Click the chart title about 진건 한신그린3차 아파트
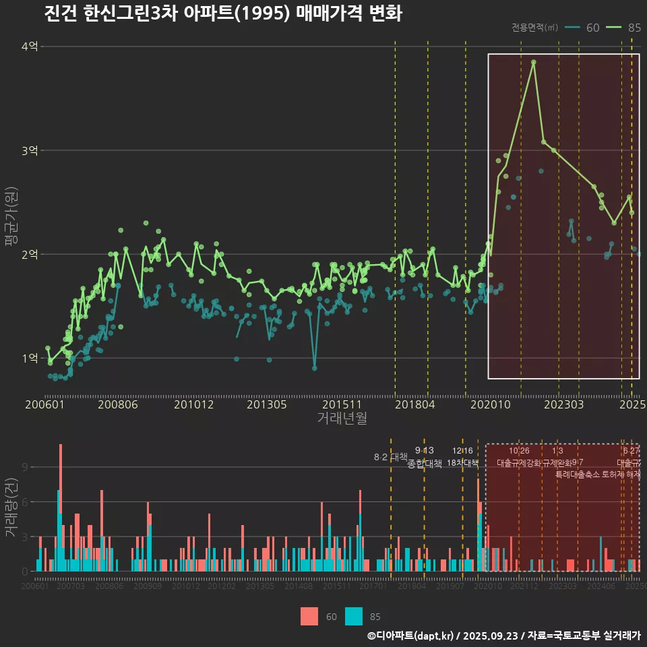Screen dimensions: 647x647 [222, 13]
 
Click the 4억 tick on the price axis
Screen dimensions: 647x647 [30, 47]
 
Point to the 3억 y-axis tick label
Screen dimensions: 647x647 [30, 150]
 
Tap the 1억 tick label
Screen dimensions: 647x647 [30, 358]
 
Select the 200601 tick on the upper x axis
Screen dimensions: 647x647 [44, 404]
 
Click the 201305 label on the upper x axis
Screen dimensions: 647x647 [267, 404]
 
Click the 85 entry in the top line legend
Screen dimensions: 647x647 [634, 28]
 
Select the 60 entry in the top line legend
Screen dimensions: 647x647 [592, 28]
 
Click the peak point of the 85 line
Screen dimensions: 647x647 [533, 62]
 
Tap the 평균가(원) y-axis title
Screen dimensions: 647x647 [11, 222]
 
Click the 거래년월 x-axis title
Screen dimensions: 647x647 [342, 419]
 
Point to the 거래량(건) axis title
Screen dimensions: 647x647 [11, 507]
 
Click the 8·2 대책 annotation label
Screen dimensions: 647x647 [391, 457]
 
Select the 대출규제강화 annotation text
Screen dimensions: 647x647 [519, 463]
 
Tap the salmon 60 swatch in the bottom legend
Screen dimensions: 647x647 [309, 616]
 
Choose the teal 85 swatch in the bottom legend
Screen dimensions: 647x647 [353, 616]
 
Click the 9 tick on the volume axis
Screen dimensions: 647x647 [25, 467]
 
